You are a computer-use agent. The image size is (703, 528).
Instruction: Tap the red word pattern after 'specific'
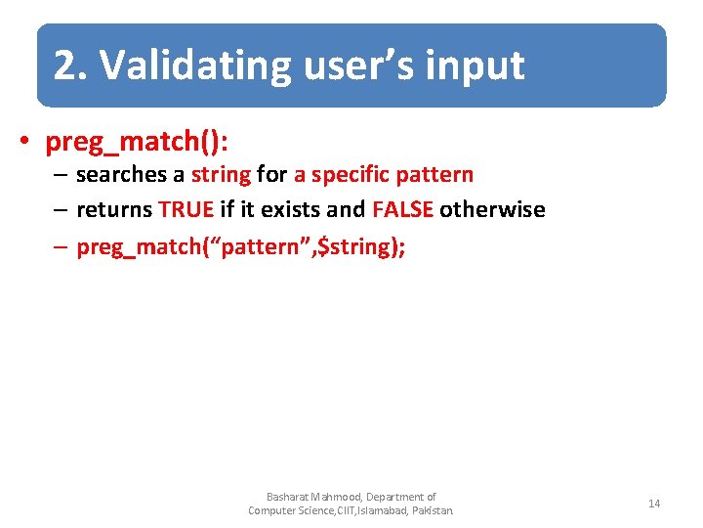[434, 176]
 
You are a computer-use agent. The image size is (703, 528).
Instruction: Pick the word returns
[114, 210]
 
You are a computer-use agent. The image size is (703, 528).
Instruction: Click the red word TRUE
[186, 210]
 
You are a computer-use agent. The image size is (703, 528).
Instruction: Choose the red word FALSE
[402, 210]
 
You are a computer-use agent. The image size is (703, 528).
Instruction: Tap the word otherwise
[492, 210]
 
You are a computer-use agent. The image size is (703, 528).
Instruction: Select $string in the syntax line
[352, 246]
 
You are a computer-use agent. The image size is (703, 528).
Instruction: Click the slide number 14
[654, 504]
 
